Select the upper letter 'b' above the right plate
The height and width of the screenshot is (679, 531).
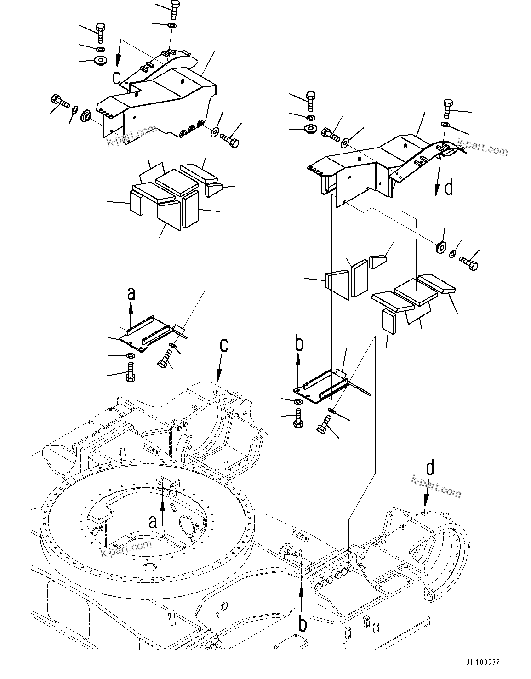[299, 344]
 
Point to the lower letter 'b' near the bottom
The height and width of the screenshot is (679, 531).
[303, 624]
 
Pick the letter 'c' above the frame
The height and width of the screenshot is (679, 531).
[223, 345]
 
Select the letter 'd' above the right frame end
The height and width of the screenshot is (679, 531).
[429, 468]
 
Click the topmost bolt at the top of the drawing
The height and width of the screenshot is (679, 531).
[175, 10]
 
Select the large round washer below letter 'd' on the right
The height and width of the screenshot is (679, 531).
[440, 247]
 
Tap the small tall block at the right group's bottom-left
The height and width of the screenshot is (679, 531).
[388, 320]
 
